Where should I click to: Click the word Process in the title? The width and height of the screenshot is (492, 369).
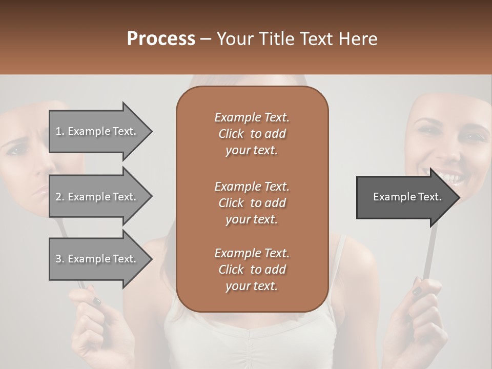(161, 38)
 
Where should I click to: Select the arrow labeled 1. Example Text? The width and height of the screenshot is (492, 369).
(97, 131)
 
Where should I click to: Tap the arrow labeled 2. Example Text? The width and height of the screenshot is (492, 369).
(97, 197)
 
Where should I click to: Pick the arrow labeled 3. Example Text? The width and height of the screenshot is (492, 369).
(97, 259)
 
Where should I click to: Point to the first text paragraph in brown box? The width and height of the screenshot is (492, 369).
(252, 134)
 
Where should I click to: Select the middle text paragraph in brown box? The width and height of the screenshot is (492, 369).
(252, 202)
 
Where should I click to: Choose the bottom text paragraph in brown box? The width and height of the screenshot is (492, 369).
(252, 270)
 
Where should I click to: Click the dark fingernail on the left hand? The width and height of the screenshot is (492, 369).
(95, 301)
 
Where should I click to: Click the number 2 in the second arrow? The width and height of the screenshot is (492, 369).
(58, 197)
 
